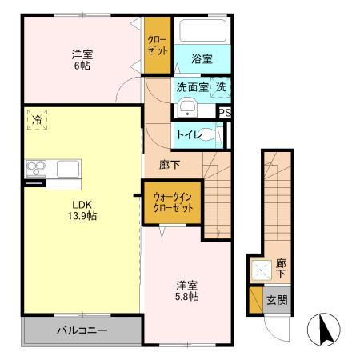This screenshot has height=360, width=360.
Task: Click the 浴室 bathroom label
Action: tap(202, 58)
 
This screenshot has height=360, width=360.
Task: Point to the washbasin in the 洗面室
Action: tap(186, 109)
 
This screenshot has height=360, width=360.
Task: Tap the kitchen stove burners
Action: tap(37, 168)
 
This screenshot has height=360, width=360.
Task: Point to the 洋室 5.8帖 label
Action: tap(188, 290)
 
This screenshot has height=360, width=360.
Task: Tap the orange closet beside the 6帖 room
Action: tap(158, 46)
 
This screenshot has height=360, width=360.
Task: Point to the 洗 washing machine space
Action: tap(218, 87)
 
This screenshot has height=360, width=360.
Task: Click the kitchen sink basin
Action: tap(66, 169)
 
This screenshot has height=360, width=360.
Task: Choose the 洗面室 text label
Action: tap(192, 86)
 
